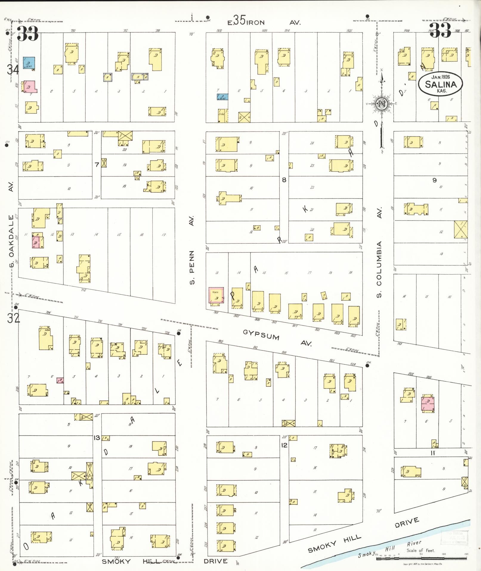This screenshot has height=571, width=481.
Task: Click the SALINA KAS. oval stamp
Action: [440, 84]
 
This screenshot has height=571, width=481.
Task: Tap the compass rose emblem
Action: [382, 104]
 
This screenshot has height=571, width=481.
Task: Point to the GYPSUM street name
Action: [261, 335]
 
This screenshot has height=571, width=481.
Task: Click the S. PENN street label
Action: [192, 267]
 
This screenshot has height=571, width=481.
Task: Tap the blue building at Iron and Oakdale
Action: [29, 63]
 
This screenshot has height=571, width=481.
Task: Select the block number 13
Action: [97, 438]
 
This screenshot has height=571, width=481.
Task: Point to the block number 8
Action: [284, 180]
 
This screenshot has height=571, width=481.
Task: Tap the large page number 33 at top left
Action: [28, 34]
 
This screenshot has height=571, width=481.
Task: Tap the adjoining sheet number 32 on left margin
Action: [13, 319]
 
